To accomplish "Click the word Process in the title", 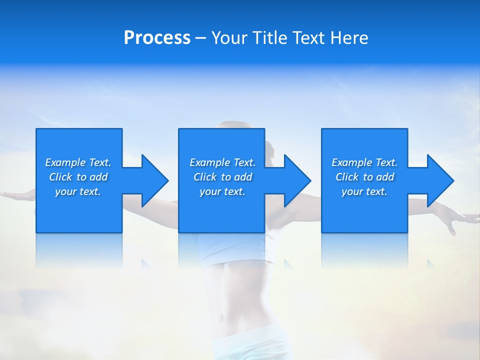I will pos(157,38).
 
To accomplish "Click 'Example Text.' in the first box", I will pos(78,162).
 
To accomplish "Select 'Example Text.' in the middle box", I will pos(222,162).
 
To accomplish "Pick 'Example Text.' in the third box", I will pos(364,162).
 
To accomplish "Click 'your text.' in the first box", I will pos(78,191).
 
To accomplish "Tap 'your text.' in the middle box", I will pos(222,191).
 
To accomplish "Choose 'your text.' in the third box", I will pos(364,191).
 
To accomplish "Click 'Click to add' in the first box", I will pos(78,177).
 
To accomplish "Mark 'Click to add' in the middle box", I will pos(222,177).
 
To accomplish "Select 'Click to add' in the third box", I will pos(364,177).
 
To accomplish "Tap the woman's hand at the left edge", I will pos(10,194).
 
